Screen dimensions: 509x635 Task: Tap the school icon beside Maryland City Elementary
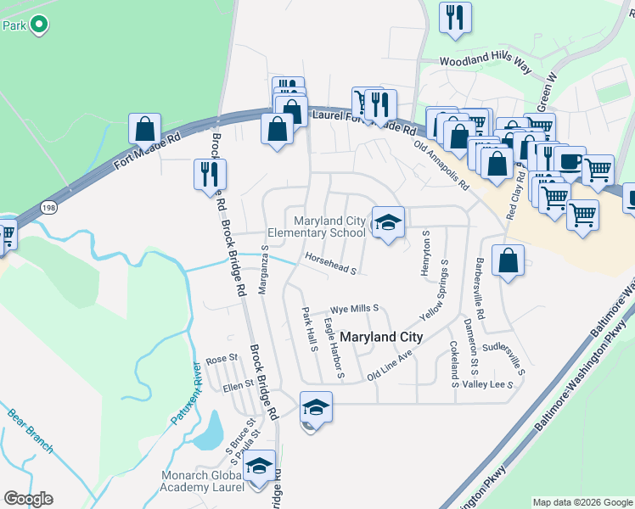coord(388,223)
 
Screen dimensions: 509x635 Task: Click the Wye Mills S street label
coord(354,310)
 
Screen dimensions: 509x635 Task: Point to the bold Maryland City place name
coord(381,337)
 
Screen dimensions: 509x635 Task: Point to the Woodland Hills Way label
coord(485,60)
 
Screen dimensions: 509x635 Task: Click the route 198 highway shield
coord(48,205)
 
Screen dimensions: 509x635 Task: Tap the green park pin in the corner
coord(38,25)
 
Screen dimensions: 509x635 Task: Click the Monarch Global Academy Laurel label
coord(202,482)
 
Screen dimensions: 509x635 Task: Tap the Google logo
coord(28,499)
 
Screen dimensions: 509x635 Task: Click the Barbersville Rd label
coord(480,288)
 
